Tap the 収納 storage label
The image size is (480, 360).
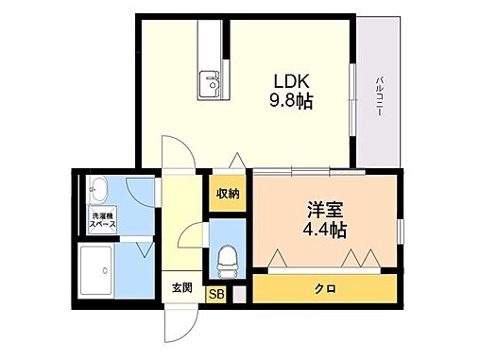(228, 194)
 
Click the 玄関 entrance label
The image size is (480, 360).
(182, 288)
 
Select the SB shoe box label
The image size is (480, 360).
(216, 295)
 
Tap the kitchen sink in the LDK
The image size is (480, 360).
(210, 87)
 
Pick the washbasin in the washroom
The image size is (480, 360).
(99, 192)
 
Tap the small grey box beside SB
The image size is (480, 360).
(240, 295)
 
